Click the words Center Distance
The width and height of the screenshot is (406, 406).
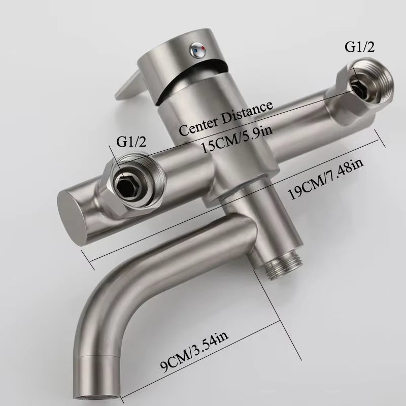click(226, 118)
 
